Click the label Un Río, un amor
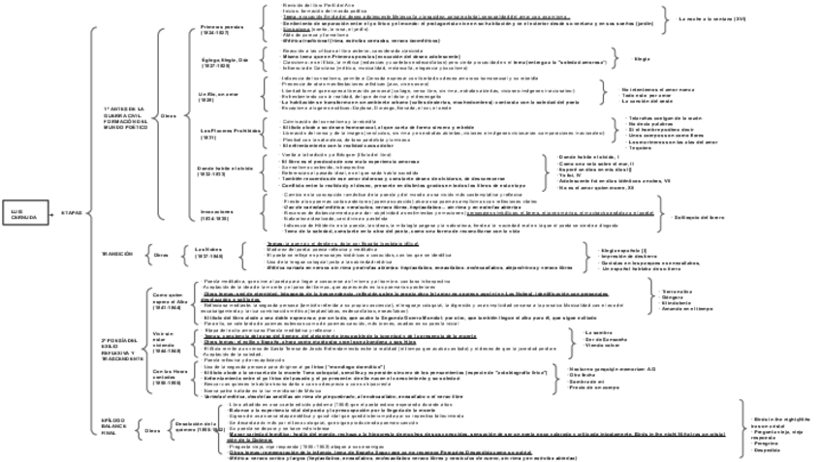tap(214, 96)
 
